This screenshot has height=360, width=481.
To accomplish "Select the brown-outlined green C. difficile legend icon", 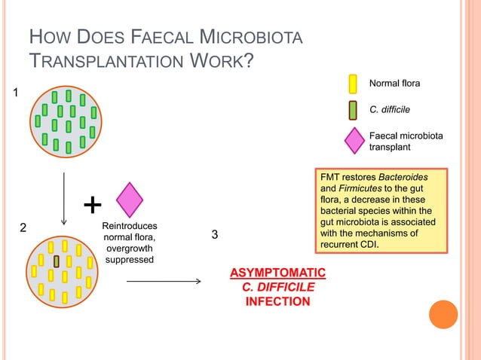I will tap(353, 111).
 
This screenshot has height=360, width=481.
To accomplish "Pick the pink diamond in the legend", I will tap(354, 139).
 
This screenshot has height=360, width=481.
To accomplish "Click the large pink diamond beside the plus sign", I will tap(130, 200).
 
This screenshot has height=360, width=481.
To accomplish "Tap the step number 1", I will tap(13, 93).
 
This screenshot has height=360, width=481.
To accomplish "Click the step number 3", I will tap(215, 236).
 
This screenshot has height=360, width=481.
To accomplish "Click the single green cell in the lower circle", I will tap(57, 261).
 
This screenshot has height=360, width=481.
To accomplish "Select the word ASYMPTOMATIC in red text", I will tap(277, 272).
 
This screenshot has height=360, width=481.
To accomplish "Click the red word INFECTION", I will tap(277, 301).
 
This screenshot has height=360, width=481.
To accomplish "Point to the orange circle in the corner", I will tap(443, 315).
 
